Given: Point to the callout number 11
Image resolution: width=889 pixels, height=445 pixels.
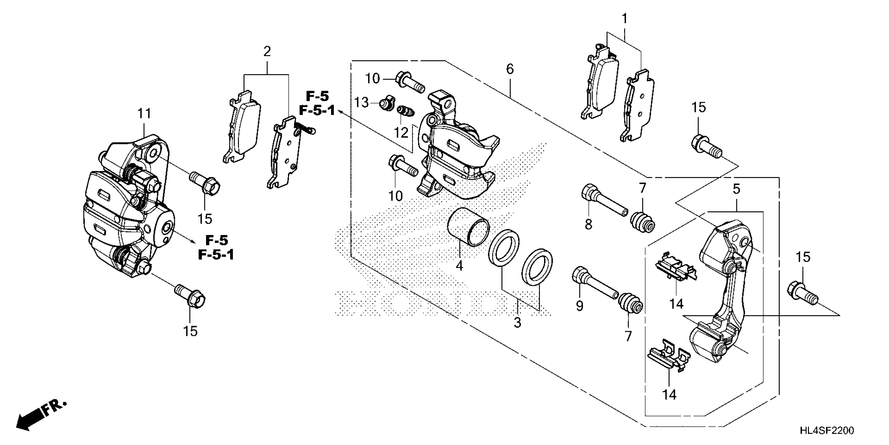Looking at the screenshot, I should (x=144, y=113).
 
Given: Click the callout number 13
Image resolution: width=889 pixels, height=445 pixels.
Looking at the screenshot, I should (x=361, y=103).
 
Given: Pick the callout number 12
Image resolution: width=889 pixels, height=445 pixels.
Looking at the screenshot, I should (x=401, y=133).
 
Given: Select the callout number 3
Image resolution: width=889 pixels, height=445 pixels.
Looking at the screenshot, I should (x=517, y=322).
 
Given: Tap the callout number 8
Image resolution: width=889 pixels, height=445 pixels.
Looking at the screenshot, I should (x=588, y=224).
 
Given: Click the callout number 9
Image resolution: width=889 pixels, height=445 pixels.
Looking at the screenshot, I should (x=579, y=305).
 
